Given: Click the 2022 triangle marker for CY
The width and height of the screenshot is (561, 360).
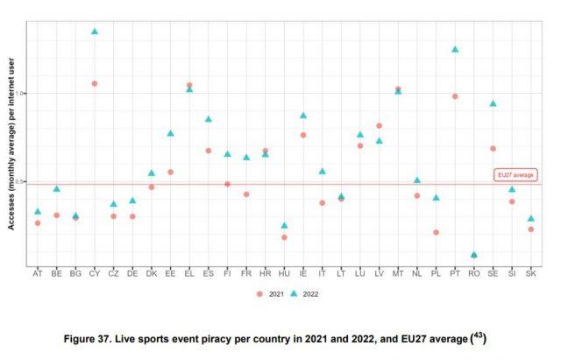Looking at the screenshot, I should click(x=94, y=32).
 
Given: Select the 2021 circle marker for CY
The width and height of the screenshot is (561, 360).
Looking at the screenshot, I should click(x=94, y=83).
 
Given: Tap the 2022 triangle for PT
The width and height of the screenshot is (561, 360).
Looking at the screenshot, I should click(x=455, y=50).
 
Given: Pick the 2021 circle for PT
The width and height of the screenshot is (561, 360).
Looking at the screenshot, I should click(x=455, y=96).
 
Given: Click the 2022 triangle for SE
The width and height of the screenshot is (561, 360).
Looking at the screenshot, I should click(x=494, y=104).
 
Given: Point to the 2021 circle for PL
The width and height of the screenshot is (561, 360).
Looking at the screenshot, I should click(x=436, y=232).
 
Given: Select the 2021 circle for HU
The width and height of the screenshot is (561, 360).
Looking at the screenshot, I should click(x=284, y=237).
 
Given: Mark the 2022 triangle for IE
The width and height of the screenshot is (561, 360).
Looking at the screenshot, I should click(x=303, y=116).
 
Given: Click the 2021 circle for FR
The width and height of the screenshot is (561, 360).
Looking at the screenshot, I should click(x=246, y=194).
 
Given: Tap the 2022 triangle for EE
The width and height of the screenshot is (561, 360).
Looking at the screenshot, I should click(x=170, y=134).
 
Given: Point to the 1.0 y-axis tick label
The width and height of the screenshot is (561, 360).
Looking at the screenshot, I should click(x=22, y=93).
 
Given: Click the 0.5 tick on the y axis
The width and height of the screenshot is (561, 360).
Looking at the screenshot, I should click(x=22, y=182).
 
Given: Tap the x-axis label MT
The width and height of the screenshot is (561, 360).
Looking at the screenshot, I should click(x=398, y=274).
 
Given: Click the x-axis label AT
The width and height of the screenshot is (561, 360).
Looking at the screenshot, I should click(x=37, y=274).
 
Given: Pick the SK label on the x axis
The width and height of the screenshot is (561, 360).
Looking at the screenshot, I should click(x=531, y=274).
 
